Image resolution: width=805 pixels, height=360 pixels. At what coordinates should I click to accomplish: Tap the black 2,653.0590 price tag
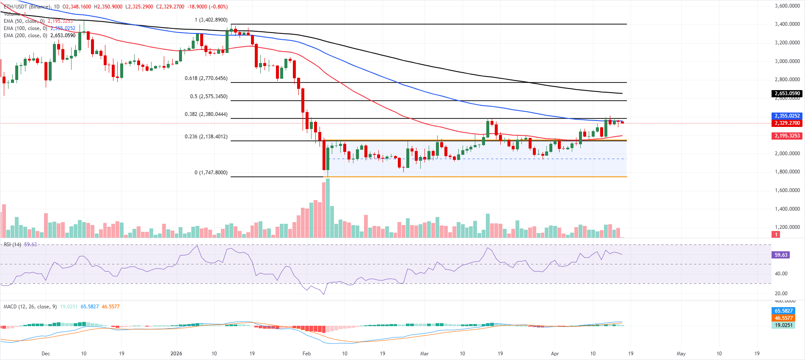tap(787, 93)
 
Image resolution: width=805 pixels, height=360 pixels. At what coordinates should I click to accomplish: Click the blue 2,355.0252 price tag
tap(787, 116)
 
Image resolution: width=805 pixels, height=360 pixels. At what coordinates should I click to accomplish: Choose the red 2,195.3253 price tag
tap(787, 136)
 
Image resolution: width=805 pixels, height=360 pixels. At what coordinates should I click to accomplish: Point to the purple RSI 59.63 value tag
tap(781, 255)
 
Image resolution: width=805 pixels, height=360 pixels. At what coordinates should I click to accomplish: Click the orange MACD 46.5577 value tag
tap(784, 318)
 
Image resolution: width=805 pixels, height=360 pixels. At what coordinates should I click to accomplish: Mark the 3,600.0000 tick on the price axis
tap(787, 6)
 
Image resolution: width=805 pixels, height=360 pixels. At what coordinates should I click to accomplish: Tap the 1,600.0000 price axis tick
tap(787, 190)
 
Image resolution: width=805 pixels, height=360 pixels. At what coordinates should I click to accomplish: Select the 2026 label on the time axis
tap(176, 354)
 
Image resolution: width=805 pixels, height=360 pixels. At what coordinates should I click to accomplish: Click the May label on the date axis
tap(681, 354)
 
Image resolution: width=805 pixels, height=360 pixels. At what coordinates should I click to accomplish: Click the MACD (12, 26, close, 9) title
tap(30, 307)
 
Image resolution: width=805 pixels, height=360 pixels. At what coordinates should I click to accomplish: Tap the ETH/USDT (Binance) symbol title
tap(27, 7)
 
